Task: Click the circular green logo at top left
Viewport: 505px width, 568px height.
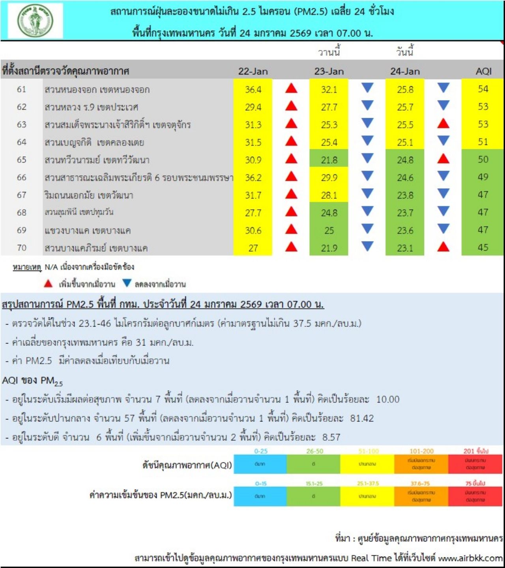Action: click(x=35, y=20)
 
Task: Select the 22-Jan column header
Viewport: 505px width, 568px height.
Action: click(x=253, y=71)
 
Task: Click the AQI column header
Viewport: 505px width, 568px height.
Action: click(x=483, y=71)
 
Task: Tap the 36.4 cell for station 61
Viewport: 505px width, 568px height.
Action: click(x=253, y=89)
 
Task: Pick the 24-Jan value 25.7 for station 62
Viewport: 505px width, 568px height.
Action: click(x=405, y=107)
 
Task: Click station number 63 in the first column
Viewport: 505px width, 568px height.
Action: click(x=22, y=124)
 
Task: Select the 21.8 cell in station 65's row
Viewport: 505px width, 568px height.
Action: click(x=329, y=160)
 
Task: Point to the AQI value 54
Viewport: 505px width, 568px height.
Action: click(x=483, y=89)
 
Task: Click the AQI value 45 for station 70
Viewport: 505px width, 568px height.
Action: click(x=483, y=248)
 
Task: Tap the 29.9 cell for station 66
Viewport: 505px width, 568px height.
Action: click(x=329, y=178)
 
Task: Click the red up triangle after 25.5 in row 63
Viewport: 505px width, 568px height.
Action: click(x=443, y=124)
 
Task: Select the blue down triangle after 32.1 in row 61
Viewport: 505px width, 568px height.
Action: click(x=367, y=88)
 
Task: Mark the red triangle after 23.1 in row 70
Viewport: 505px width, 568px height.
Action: click(x=443, y=247)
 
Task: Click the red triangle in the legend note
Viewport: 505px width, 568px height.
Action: click(x=48, y=283)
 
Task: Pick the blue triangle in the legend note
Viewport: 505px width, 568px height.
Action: click(x=127, y=283)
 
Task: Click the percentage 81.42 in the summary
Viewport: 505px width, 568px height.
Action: click(x=362, y=418)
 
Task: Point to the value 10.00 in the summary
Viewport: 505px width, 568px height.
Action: click(x=388, y=399)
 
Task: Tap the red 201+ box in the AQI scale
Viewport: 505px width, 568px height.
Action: click(x=475, y=464)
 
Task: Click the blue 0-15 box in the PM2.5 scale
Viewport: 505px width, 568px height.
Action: click(x=260, y=496)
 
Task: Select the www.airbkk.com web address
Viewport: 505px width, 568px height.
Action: click(x=470, y=558)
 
